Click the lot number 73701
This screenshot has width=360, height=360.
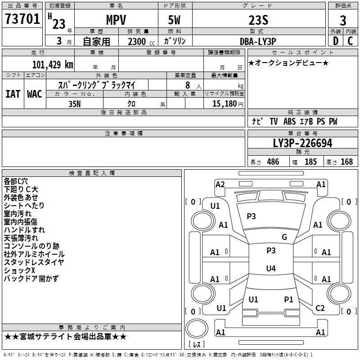[x=22, y=18]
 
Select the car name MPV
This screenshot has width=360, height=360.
[x=116, y=20]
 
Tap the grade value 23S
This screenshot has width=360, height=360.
[x=258, y=20]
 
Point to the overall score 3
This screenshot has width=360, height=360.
[x=343, y=21]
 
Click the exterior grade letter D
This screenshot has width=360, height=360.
[x=336, y=41]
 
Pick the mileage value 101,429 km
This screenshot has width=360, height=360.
[x=53, y=65]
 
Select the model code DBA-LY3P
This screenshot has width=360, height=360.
[x=258, y=41]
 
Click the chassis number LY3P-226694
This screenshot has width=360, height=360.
[x=302, y=143]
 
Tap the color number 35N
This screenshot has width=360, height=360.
[x=75, y=104]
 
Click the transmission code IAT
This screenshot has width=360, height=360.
[x=13, y=94]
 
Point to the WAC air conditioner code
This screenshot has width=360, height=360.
[x=35, y=94]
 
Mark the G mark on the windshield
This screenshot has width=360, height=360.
[x=284, y=237]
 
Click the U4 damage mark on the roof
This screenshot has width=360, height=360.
[x=271, y=268]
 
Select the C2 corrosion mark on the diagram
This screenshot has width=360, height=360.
[x=320, y=308]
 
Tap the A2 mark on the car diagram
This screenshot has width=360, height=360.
[x=220, y=184]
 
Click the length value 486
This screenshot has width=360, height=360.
[x=273, y=162]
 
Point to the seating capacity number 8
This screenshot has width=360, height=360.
[x=188, y=85]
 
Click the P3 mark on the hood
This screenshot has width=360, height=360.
[x=251, y=216]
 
